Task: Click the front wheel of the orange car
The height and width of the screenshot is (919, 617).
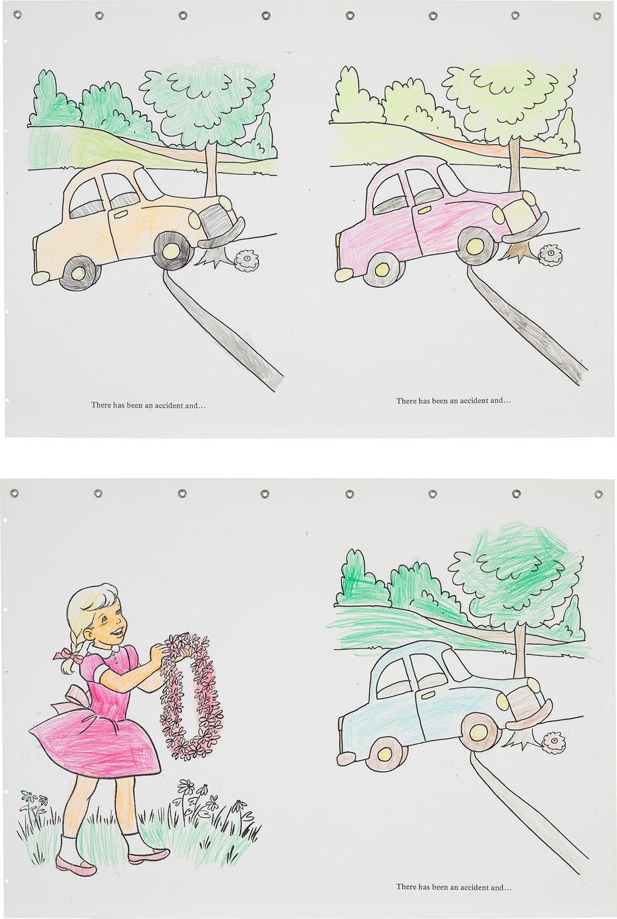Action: tap(172, 251)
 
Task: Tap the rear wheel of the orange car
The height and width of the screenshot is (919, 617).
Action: tap(80, 273)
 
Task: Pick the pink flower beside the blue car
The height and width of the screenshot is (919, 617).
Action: tap(553, 741)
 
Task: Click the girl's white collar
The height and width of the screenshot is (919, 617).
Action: tap(103, 648)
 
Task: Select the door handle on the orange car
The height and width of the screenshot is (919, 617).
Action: tap(120, 215)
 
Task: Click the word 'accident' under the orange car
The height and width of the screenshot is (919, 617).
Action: tap(168, 406)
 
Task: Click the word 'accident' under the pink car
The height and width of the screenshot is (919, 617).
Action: tap(473, 401)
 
